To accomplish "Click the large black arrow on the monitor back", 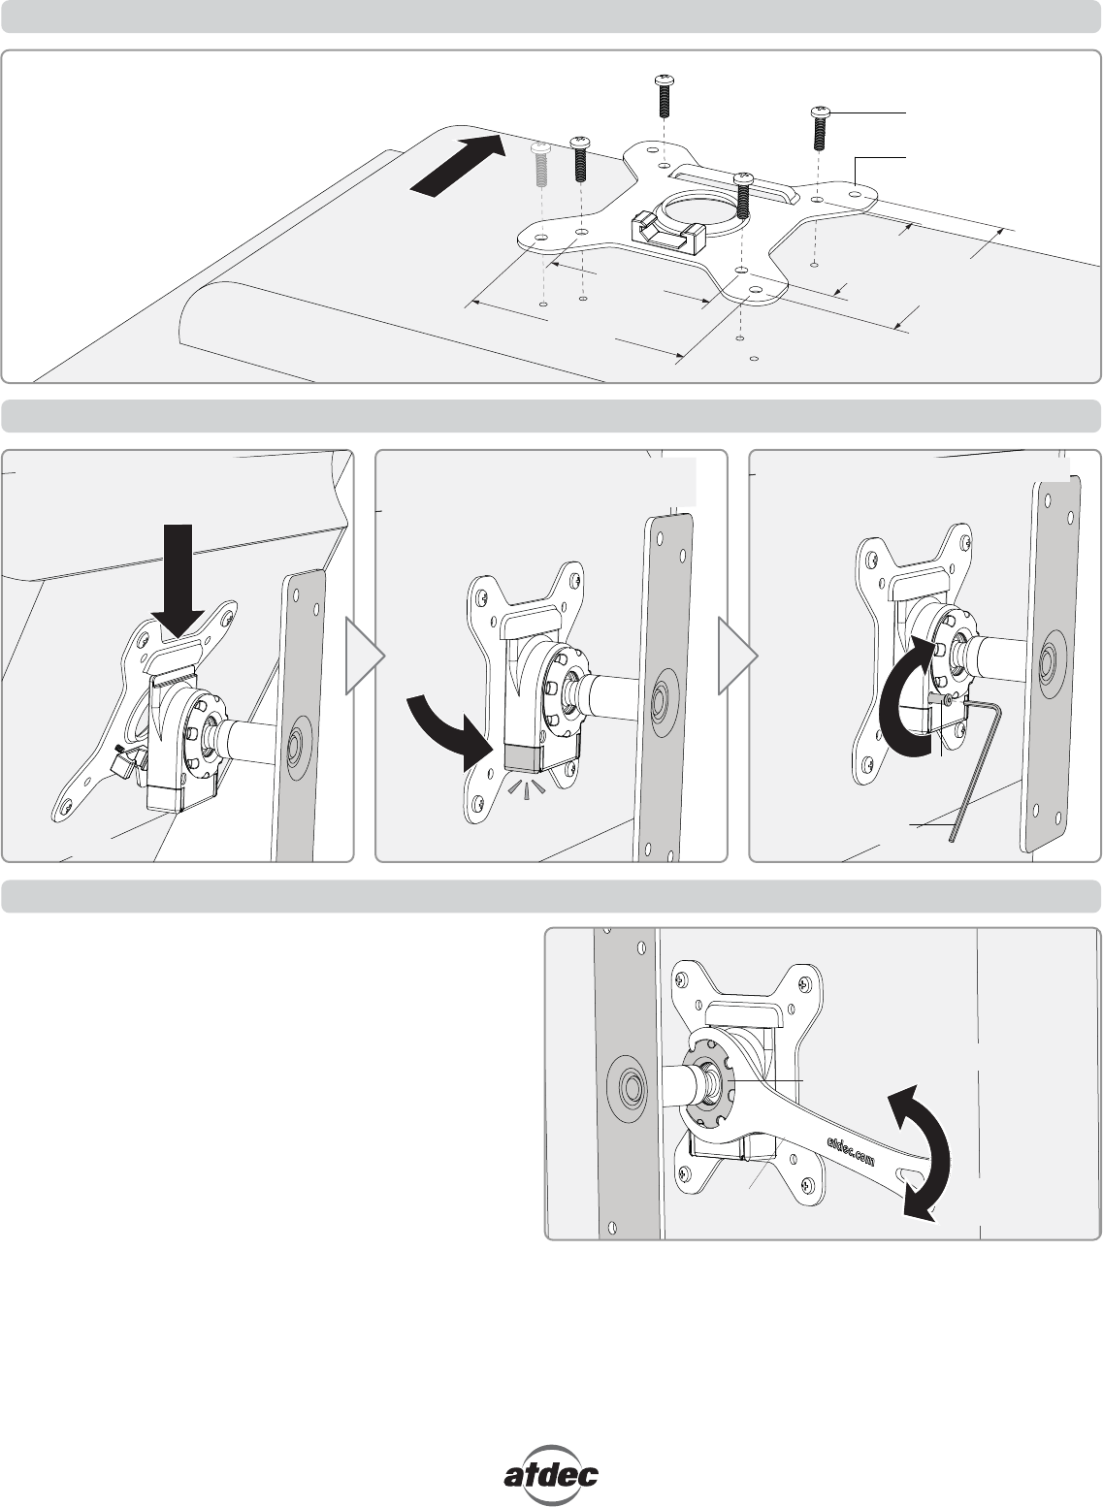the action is [458, 166].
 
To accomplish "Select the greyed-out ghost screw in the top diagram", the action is [541, 165].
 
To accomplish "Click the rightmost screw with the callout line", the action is [820, 128].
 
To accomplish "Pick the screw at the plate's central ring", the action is [742, 195].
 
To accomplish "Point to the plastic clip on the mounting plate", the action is [665, 232].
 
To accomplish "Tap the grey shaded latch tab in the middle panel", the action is [526, 757].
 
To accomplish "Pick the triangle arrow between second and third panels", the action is [738, 656].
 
